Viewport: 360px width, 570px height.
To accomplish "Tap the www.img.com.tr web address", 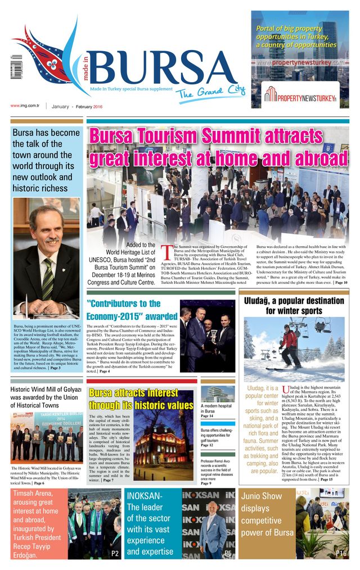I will pos(25,106).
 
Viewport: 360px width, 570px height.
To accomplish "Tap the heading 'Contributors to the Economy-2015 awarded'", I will pos(132,310).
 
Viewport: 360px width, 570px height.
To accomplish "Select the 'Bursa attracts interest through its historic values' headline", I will pos(141,399).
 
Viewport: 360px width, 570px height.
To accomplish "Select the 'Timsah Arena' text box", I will pos(36,524).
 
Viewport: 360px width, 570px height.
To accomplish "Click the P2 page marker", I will pos(115,554).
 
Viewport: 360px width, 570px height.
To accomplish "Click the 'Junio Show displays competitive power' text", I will pos(267,514).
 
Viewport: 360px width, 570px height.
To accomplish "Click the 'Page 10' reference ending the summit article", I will pos(341,282).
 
